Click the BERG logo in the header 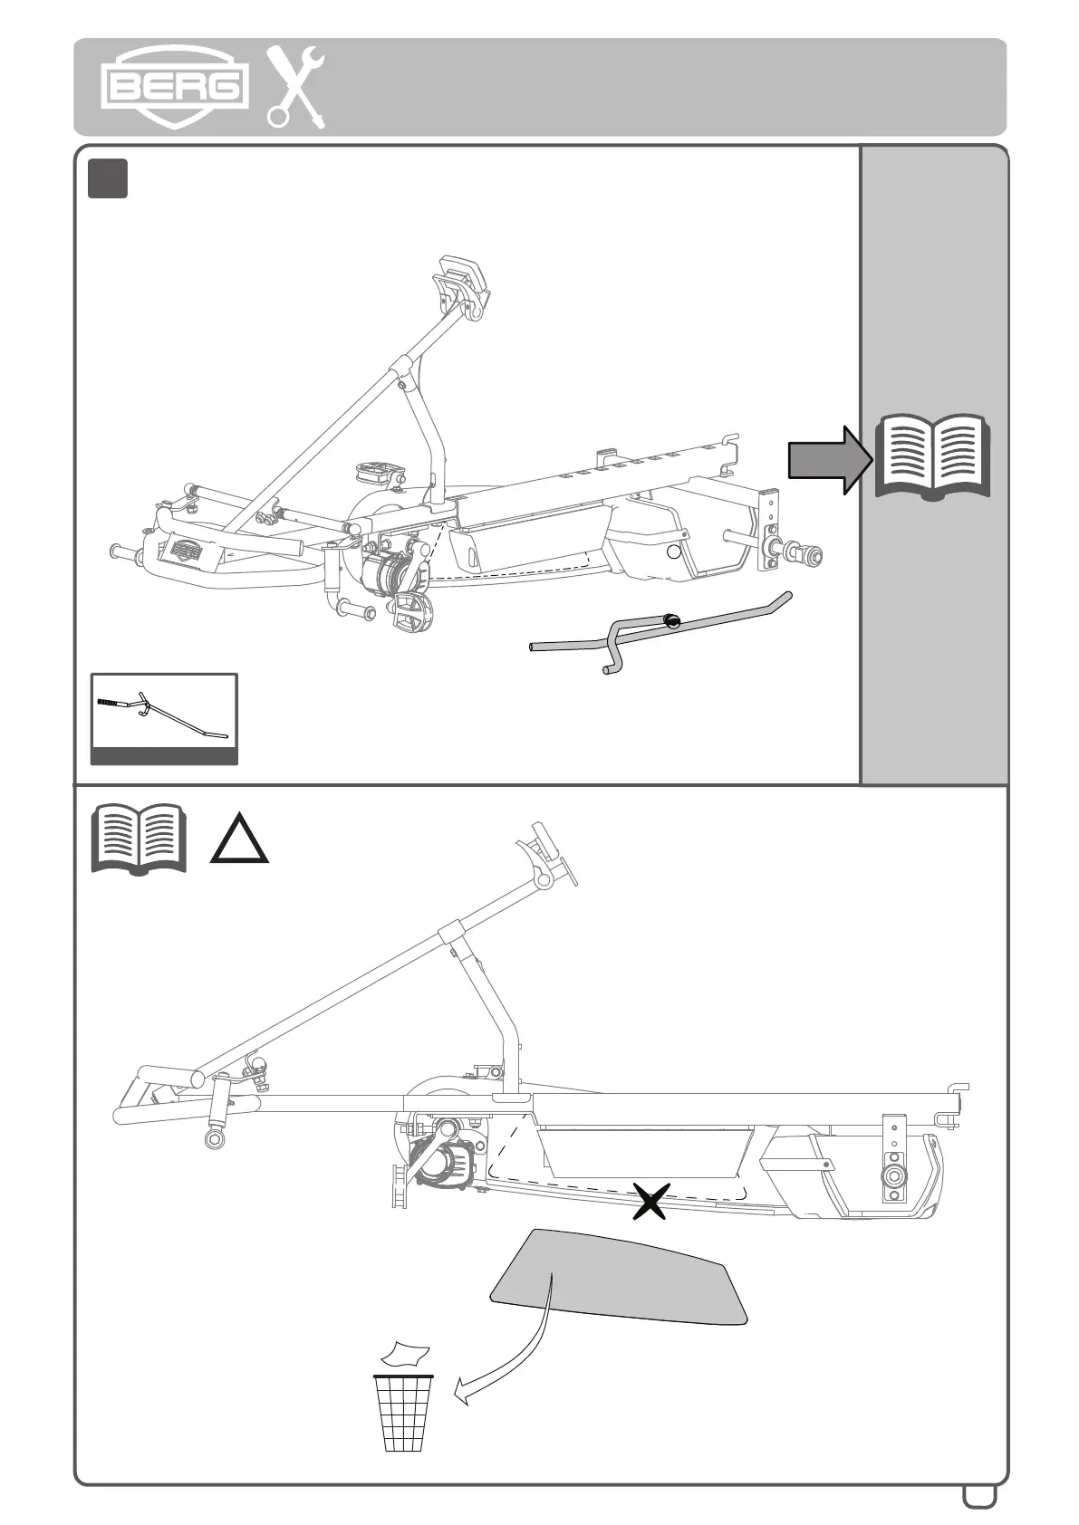[175, 86]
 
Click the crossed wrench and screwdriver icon [295, 87]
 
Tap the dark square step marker [108, 178]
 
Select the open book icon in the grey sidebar [933, 458]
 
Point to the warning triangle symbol [239, 839]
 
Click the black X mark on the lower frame [650, 1201]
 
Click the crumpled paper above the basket [405, 1355]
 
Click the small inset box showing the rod [164, 719]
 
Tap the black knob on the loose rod [671, 620]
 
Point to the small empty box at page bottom [979, 1494]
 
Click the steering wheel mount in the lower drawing [545, 855]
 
